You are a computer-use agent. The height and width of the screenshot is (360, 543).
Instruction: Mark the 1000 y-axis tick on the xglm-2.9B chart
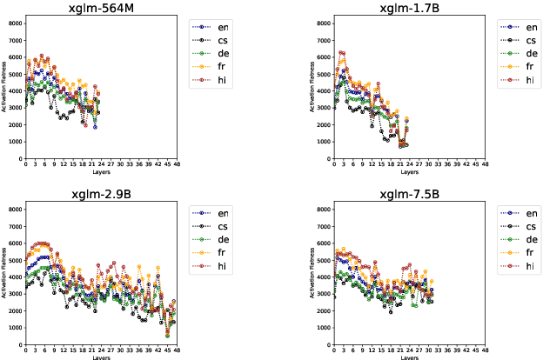click(x=16, y=328)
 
